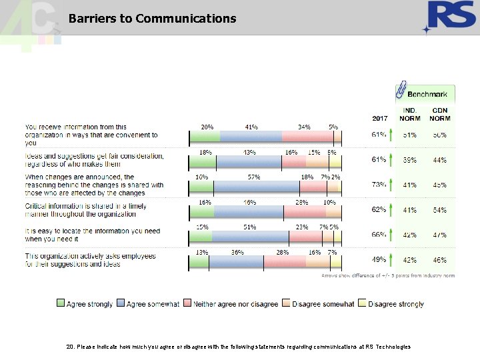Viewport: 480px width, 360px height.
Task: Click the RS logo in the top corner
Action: (x=450, y=17)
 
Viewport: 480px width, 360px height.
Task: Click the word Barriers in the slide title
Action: (x=91, y=19)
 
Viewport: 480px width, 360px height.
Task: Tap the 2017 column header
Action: (x=379, y=118)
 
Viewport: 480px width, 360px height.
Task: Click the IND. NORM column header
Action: (x=409, y=114)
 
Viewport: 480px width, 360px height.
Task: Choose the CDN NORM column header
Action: (x=440, y=114)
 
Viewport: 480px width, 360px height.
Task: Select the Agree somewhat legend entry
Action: (x=147, y=304)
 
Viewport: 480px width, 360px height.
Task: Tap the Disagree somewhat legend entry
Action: (x=317, y=304)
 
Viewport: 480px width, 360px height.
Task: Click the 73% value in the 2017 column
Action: (x=379, y=184)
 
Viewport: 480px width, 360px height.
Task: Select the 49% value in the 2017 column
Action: (x=379, y=259)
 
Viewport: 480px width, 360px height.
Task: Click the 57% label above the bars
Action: (x=253, y=177)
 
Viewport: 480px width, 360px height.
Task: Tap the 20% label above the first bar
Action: (x=207, y=126)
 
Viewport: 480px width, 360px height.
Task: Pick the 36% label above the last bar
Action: (x=237, y=252)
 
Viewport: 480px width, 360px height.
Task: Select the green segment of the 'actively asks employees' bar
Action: (x=199, y=262)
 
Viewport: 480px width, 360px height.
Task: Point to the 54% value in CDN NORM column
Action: (x=440, y=210)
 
